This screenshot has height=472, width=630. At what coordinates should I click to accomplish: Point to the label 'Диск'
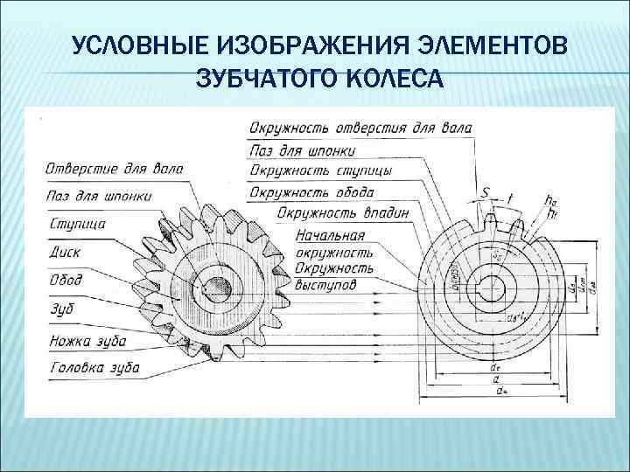(66, 253)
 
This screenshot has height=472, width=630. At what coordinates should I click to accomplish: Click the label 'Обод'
(66, 280)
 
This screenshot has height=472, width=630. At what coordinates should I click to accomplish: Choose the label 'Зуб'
(61, 309)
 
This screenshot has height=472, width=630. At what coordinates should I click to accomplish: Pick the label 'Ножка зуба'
(88, 341)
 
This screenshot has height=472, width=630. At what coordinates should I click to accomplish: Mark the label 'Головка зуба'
(95, 368)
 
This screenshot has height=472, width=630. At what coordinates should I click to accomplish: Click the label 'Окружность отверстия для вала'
(360, 128)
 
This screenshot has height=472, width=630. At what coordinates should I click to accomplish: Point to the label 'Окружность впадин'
(342, 212)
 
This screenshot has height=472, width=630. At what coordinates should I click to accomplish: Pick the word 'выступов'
(325, 284)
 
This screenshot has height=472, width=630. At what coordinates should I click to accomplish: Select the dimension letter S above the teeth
(485, 192)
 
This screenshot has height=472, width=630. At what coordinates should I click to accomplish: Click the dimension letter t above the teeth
(510, 198)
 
